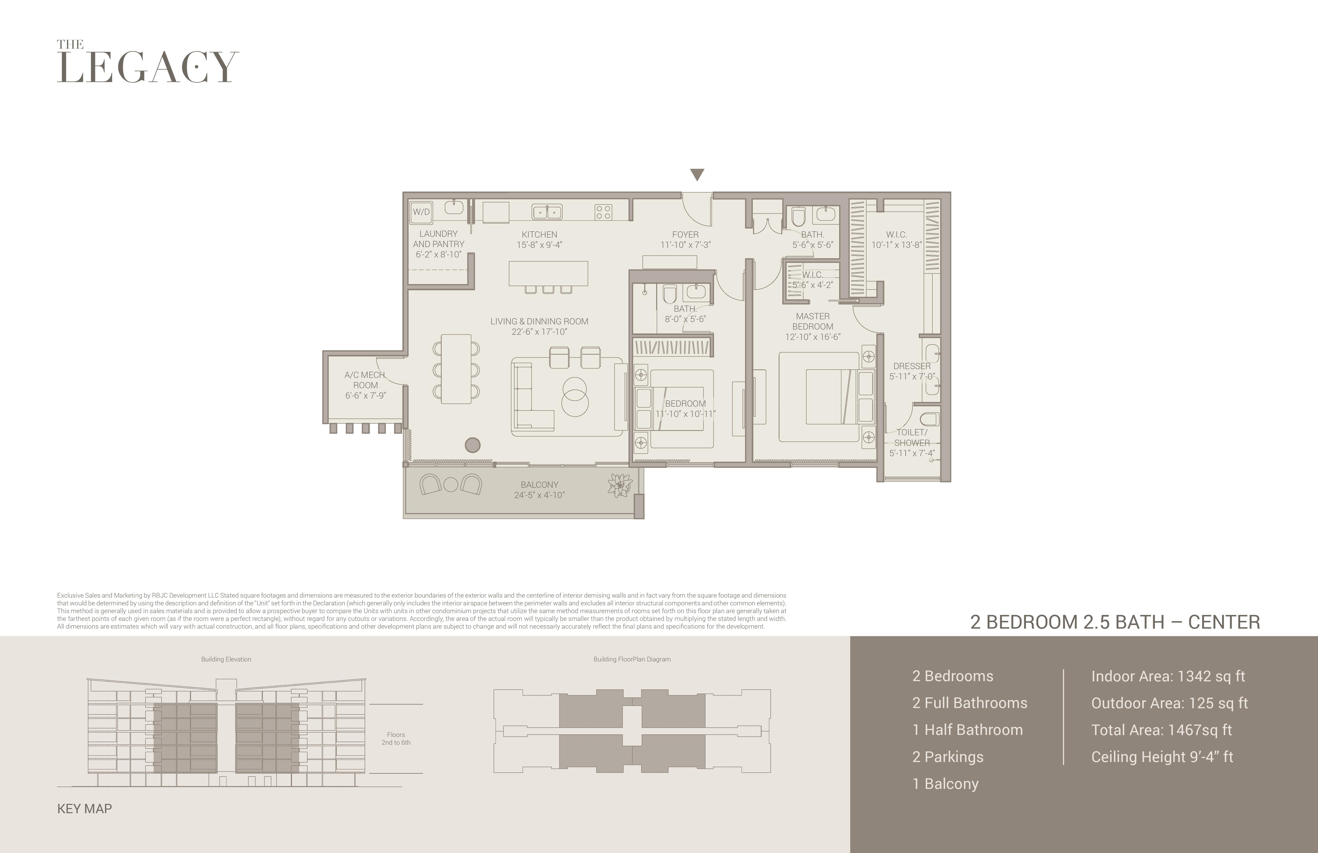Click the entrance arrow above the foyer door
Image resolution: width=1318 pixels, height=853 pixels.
pos(697,174)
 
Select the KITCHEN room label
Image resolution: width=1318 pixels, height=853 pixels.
pos(539,234)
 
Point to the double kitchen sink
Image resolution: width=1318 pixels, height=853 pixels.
pos(547,212)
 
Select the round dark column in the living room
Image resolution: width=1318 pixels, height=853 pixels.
pos(472,445)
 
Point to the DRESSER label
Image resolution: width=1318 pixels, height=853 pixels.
pos(911,366)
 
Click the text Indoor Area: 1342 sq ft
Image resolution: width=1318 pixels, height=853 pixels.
pos(1168,676)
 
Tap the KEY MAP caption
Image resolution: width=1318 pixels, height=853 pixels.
pos(85,809)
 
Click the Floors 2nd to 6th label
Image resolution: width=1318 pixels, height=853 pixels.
pos(396,738)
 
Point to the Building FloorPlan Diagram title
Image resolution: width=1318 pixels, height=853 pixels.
pos(632,659)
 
